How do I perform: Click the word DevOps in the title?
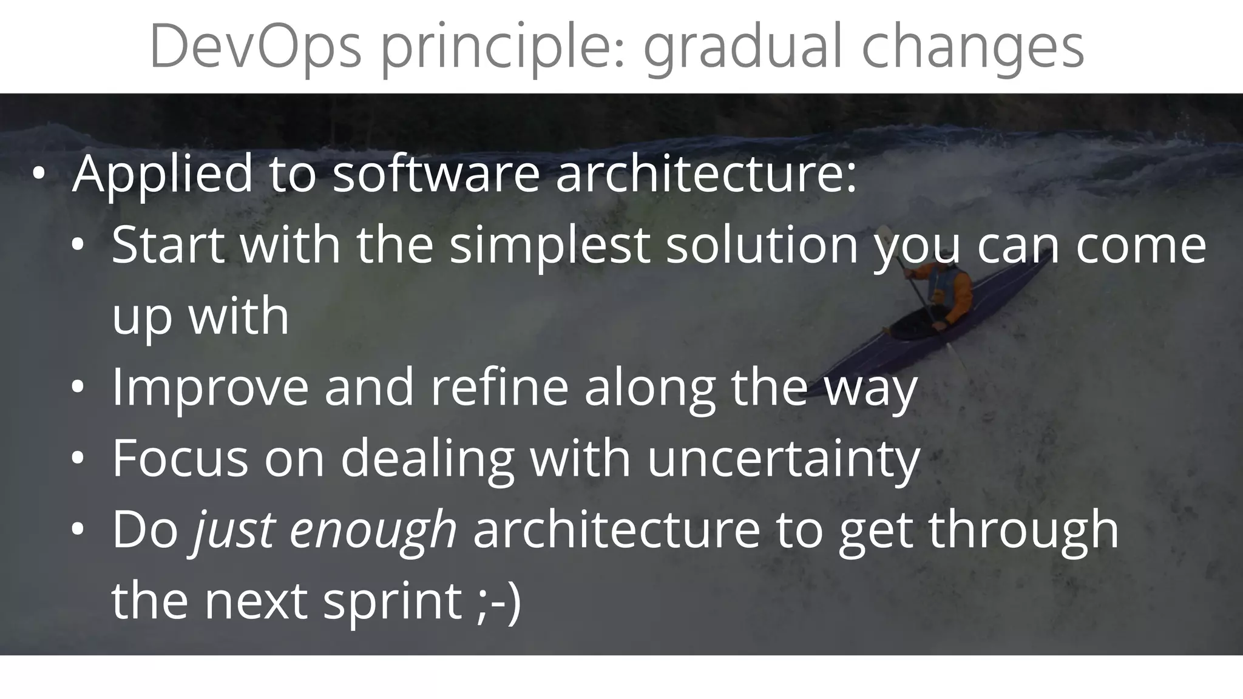pyautogui.click(x=255, y=47)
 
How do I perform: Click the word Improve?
pyautogui.click(x=210, y=388)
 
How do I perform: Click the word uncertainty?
pyautogui.click(x=784, y=459)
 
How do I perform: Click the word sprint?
pyautogui.click(x=392, y=603)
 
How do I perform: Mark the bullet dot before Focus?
pyautogui.click(x=77, y=459)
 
